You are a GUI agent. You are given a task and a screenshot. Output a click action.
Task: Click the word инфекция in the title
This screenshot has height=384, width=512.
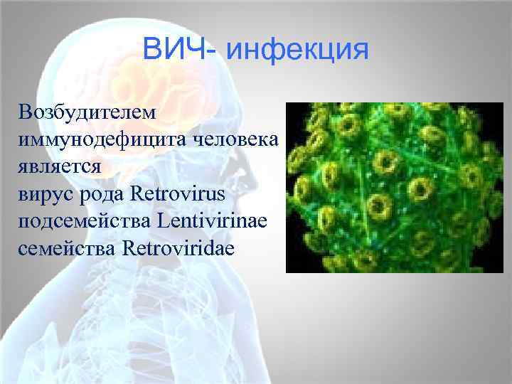point(299,51)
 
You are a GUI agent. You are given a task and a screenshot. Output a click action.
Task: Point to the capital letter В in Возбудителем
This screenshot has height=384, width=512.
point(28,112)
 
